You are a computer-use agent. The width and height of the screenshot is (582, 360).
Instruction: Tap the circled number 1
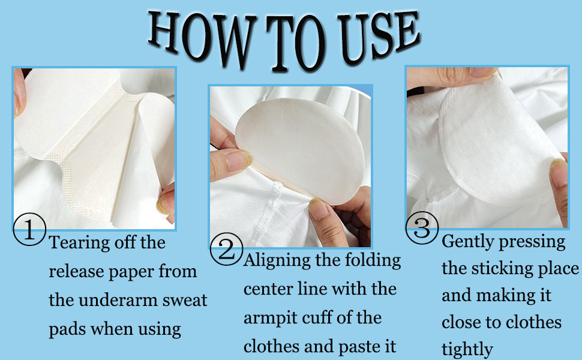[29, 230]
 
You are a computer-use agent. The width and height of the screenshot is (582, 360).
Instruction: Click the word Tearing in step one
[78, 244]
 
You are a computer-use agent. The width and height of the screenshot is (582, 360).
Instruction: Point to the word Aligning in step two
[277, 261]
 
